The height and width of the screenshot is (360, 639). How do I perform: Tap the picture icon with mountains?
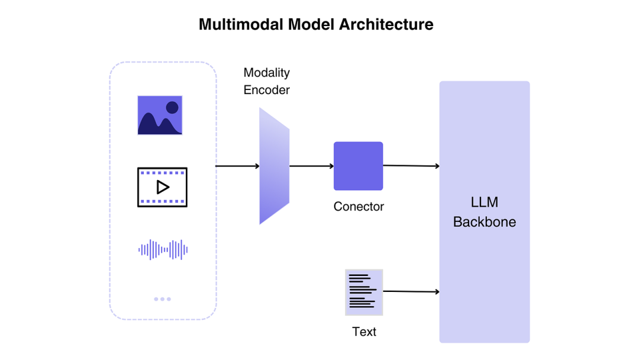coord(160,115)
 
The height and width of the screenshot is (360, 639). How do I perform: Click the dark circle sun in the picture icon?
coord(172,107)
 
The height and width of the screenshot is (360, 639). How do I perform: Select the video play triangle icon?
coord(162,187)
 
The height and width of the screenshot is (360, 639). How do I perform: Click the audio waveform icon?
coord(163,250)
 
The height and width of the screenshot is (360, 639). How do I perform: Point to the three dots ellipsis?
coord(163,299)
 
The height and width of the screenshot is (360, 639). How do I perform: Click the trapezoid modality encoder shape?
coord(274,166)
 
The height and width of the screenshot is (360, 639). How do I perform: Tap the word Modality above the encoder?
coord(267,72)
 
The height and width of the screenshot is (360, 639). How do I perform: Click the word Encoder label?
coord(267,90)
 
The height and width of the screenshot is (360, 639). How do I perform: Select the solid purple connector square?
coord(358,166)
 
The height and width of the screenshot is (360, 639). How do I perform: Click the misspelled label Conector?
coord(359,207)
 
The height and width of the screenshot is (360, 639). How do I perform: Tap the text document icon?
coord(364,292)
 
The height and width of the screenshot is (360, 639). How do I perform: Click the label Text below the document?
coord(364,332)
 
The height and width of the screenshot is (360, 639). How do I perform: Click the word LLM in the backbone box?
coord(485,202)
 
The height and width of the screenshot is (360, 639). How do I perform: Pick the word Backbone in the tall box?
coord(485,222)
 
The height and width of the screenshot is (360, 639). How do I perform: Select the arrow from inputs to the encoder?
coord(237,166)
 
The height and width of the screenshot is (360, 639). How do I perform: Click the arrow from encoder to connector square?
coord(311,166)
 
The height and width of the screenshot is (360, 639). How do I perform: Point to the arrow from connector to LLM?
coord(411,166)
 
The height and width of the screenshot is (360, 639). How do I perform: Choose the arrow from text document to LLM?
coord(411,291)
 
